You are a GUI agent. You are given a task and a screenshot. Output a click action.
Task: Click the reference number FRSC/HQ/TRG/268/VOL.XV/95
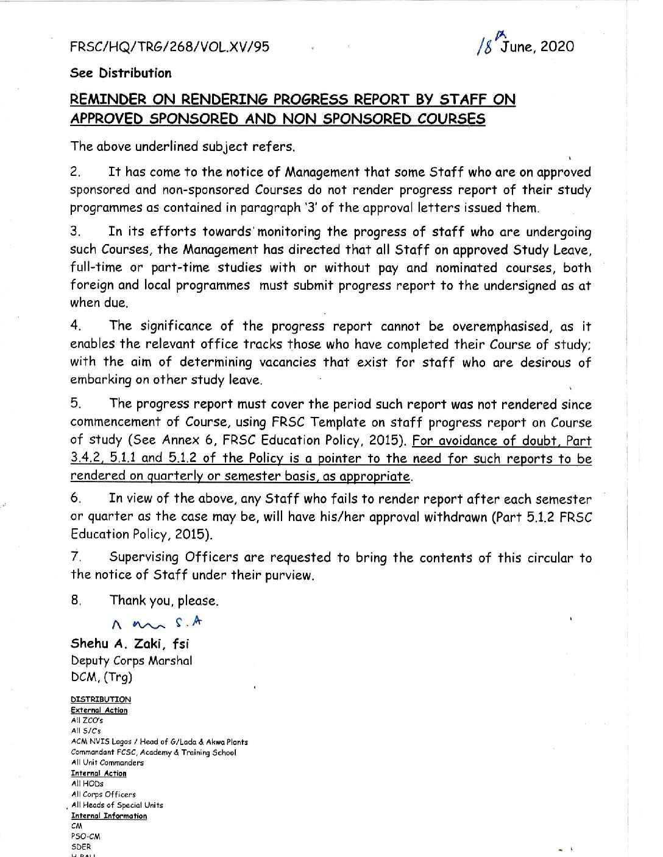[170, 47]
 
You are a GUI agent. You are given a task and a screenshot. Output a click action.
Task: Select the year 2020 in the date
[557, 46]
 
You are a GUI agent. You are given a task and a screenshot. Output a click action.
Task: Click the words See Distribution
[121, 73]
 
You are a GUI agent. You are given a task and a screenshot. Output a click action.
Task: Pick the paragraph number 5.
[75, 403]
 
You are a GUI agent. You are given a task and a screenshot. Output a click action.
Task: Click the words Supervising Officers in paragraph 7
[173, 558]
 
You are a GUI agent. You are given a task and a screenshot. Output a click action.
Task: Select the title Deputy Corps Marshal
[132, 660]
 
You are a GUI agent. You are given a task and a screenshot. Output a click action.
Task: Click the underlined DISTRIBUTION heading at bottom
[101, 699]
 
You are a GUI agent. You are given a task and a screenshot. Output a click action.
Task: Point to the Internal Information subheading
[109, 816]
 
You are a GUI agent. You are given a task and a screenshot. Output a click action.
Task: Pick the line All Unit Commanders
[107, 763]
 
